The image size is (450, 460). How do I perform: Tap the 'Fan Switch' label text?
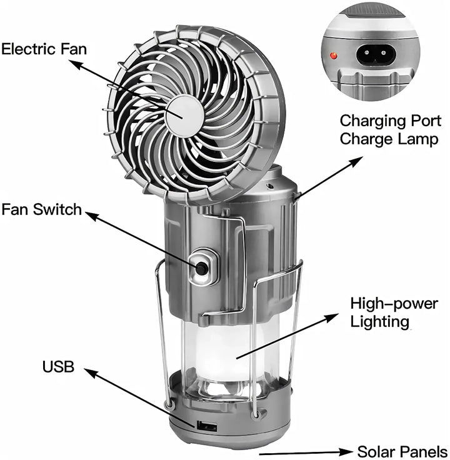click(x=41, y=209)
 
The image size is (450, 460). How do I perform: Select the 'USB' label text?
click(x=58, y=367)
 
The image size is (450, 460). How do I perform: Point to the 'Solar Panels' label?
click(x=402, y=451)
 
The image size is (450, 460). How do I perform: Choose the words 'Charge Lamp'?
click(x=389, y=138)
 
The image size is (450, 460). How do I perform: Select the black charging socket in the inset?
click(x=378, y=56)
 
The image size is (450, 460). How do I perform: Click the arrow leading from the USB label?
click(x=144, y=400)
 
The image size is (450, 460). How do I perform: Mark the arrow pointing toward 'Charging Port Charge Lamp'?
click(x=328, y=178)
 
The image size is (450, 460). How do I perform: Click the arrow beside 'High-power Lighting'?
click(x=287, y=337)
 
